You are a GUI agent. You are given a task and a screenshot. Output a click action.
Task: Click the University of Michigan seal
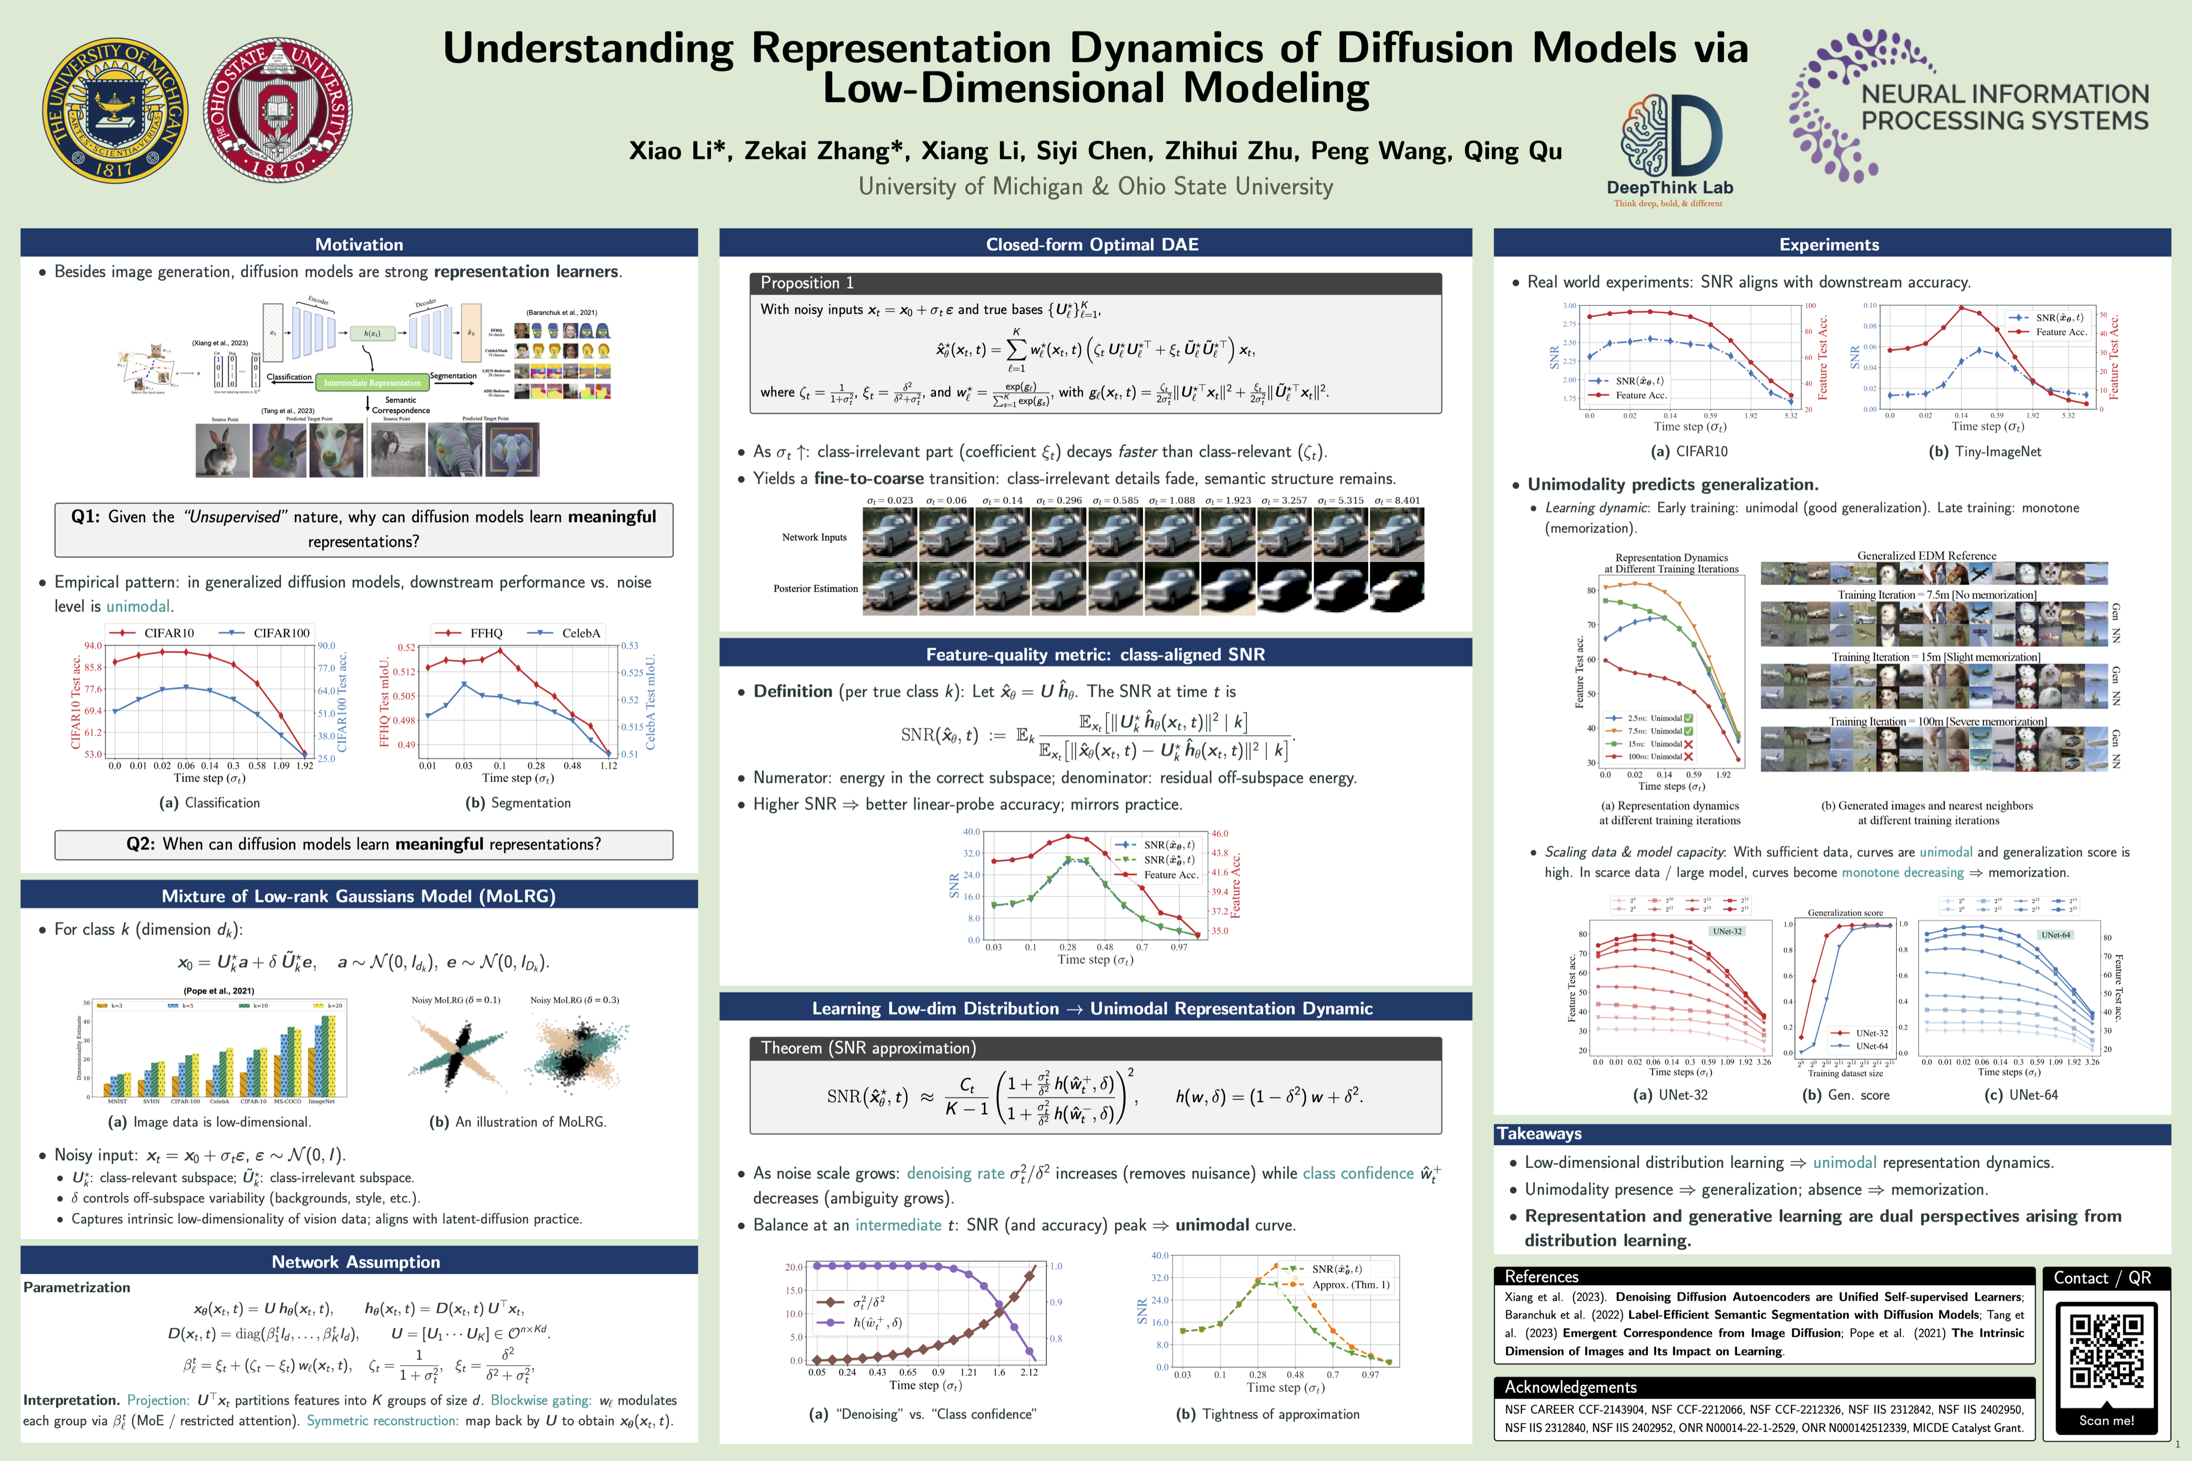115,110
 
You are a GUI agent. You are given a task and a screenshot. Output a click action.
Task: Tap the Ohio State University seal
277,110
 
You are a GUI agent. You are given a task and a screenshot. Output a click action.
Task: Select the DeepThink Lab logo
1669,149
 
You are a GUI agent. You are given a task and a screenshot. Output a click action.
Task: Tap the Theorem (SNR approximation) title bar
868,1048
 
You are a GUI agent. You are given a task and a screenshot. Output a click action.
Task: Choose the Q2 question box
363,844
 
